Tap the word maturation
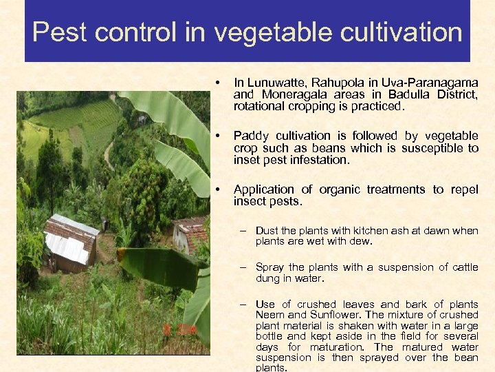(333, 347)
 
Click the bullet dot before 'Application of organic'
(218, 189)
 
